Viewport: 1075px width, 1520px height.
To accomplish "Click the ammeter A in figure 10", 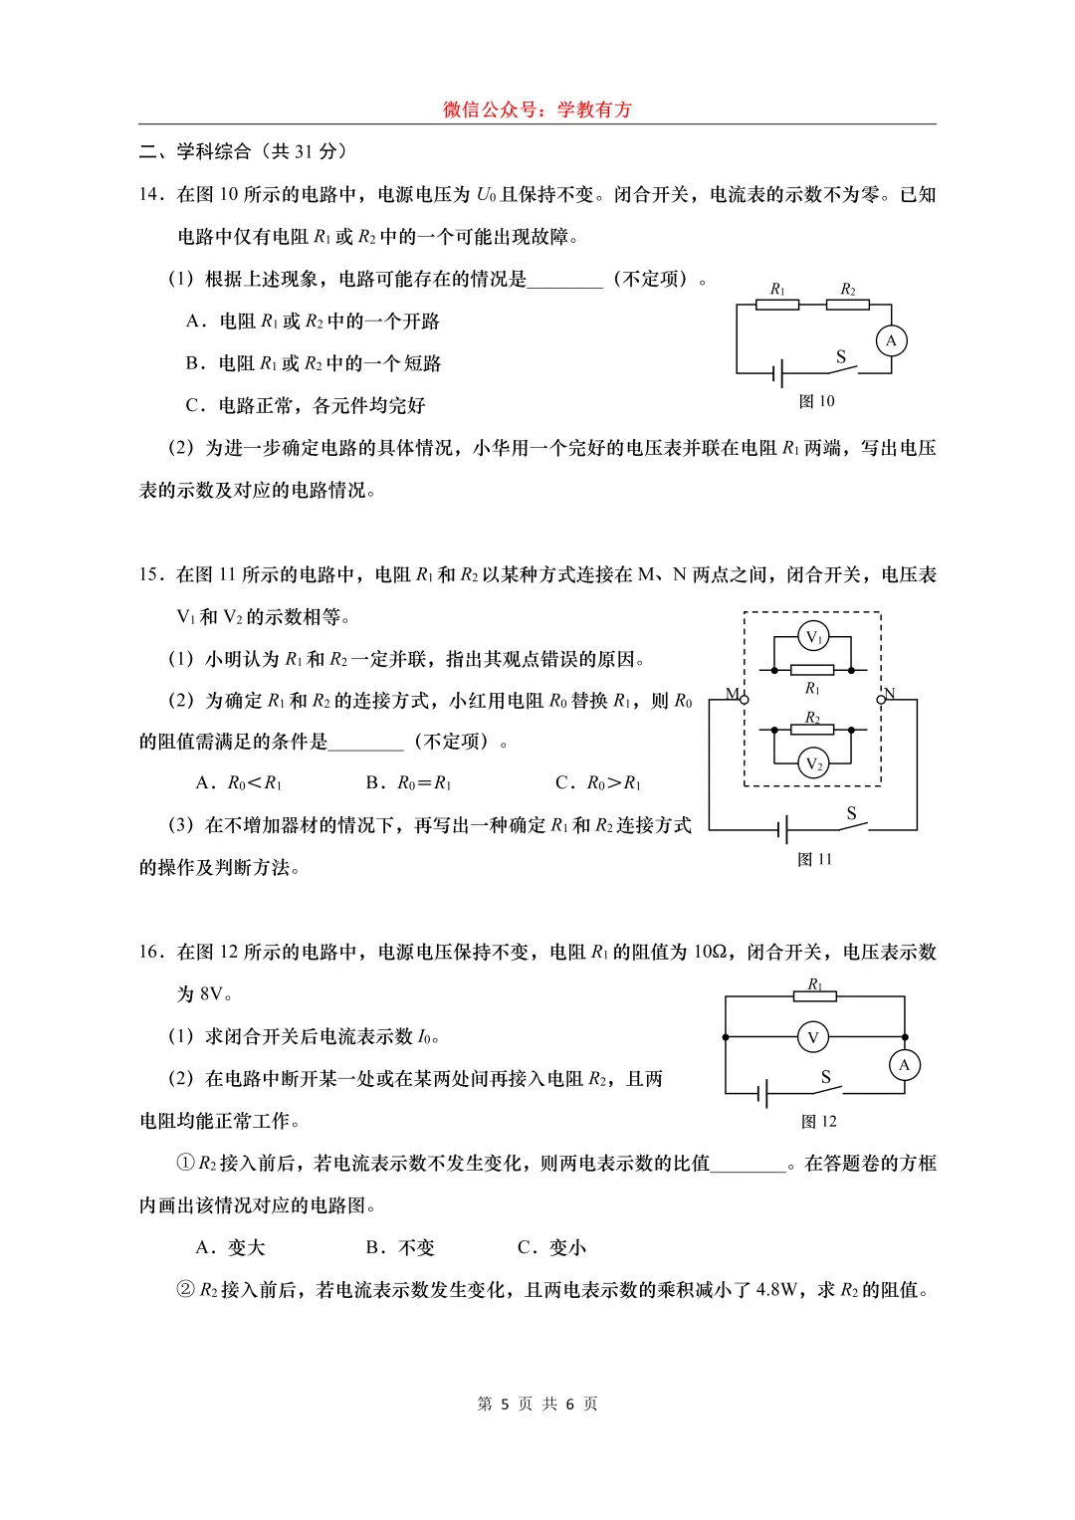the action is [891, 340].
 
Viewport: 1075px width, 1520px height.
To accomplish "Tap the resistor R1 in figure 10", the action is [777, 305].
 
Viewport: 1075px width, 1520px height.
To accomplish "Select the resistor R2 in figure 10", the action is [847, 305].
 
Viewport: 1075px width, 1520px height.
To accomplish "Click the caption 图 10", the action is [816, 401].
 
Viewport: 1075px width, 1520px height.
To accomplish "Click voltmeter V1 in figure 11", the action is [813, 637].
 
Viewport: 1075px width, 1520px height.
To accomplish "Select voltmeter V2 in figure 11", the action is [813, 763].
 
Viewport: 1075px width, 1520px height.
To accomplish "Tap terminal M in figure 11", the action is [744, 699].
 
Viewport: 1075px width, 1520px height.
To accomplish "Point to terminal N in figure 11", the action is [881, 699].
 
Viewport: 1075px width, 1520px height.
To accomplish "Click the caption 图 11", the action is [814, 859].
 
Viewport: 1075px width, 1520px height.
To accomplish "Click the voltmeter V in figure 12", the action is [813, 1037].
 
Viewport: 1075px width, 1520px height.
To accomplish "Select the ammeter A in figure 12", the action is [904, 1065].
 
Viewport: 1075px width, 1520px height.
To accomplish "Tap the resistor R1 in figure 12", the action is [814, 995].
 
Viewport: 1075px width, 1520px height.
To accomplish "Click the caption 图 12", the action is [818, 1121].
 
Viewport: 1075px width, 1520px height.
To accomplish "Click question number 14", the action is [150, 195].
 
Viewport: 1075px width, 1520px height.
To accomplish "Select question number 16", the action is [150, 953].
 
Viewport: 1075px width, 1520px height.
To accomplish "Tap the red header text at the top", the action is [537, 109].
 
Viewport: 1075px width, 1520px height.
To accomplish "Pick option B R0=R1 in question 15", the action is [409, 783].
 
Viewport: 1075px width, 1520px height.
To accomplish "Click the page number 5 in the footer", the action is [505, 1404].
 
